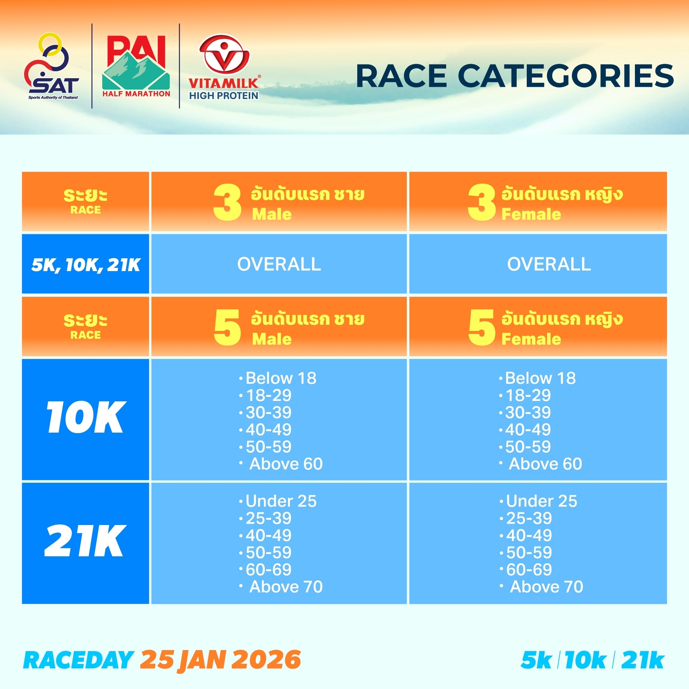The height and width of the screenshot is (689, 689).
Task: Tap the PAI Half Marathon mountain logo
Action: pyautogui.click(x=136, y=66)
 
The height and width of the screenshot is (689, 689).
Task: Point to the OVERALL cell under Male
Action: pyautogui.click(x=279, y=264)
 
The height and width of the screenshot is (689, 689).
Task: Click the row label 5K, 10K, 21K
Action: pyautogui.click(x=85, y=265)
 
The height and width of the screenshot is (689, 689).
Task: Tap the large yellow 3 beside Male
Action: pyautogui.click(x=227, y=202)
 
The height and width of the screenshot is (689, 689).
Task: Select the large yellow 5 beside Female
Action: pyautogui.click(x=482, y=327)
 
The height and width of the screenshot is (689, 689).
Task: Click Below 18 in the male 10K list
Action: pyautogui.click(x=281, y=378)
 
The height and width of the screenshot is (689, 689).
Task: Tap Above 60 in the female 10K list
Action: pyautogui.click(x=545, y=464)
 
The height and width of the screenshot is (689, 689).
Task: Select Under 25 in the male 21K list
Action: pyautogui.click(x=281, y=501)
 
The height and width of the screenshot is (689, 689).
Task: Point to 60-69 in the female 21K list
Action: pyautogui.click(x=529, y=569)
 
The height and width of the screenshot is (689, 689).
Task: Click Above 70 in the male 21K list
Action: pyautogui.click(x=286, y=587)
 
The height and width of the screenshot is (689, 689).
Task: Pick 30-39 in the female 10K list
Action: pyautogui.click(x=528, y=412)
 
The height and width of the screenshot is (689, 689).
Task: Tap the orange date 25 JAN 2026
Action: pyautogui.click(x=220, y=660)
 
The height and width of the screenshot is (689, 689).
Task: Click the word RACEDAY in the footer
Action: pyautogui.click(x=79, y=660)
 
